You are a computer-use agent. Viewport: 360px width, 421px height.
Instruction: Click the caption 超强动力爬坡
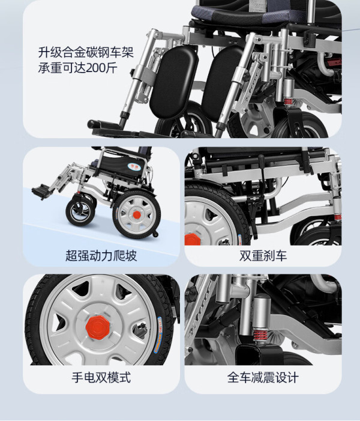click(x=101, y=256)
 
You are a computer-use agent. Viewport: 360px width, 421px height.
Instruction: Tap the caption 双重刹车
click(x=263, y=256)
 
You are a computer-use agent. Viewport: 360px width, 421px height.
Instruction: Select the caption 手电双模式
click(x=101, y=377)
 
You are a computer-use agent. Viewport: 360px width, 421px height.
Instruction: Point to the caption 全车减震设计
click(x=263, y=377)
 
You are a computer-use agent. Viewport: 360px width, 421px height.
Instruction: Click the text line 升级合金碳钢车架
click(x=86, y=52)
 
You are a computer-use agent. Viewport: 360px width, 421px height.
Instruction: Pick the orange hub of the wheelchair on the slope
click(x=137, y=214)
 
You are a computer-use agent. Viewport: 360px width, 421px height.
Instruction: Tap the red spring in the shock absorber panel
click(x=260, y=337)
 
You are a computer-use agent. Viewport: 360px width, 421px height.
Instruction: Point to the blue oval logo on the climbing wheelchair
click(x=134, y=166)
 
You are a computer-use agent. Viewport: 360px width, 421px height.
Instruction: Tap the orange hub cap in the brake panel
click(x=193, y=240)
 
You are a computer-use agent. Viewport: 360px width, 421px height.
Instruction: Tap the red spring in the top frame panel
click(x=289, y=102)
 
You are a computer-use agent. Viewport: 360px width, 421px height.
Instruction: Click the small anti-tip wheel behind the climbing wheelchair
click(x=155, y=234)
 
